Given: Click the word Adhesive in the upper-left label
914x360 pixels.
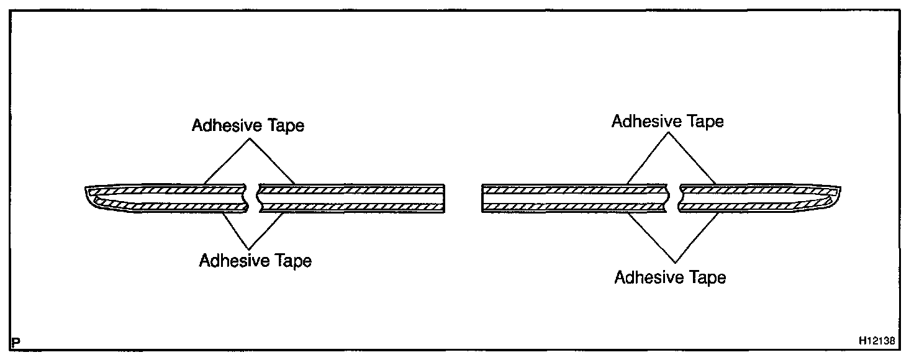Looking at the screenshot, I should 228,125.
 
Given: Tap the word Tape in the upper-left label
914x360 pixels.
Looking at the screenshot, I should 286,125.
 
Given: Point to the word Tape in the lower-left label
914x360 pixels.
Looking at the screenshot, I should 294,261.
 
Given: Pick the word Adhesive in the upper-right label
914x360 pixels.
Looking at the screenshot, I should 648,121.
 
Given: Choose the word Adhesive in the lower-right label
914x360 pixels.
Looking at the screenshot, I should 650,277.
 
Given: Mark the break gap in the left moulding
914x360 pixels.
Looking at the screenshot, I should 252,198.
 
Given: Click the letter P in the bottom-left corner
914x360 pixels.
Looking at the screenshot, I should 16,341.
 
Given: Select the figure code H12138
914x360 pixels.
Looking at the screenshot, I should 876,341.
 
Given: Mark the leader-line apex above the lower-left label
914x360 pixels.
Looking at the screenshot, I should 250,248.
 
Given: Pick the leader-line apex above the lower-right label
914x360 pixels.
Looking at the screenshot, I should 674,261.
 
